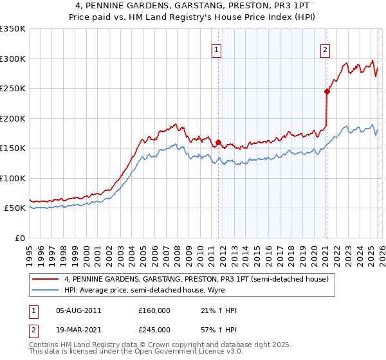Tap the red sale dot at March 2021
(x=327, y=91)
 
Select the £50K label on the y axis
(x=15, y=208)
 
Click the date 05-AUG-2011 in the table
(x=78, y=310)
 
